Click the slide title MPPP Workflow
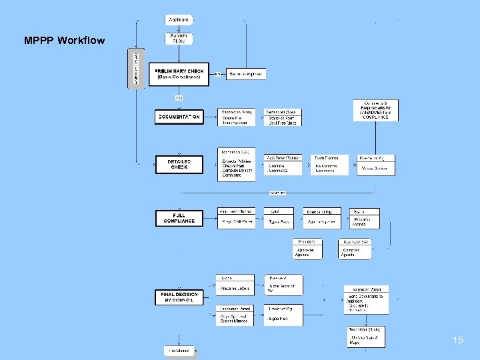pyautogui.click(x=64, y=41)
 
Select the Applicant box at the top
pyautogui.click(x=178, y=20)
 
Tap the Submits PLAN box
pyautogui.click(x=178, y=38)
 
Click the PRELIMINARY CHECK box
pyautogui.click(x=180, y=74)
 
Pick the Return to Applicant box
pyautogui.click(x=246, y=74)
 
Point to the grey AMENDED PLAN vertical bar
pyautogui.click(x=136, y=68)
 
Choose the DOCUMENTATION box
pyautogui.click(x=179, y=117)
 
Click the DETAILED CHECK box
pyautogui.click(x=179, y=164)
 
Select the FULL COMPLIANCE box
pyautogui.click(x=179, y=218)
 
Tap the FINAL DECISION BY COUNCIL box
pyautogui.click(x=179, y=297)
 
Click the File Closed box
pyautogui.click(x=178, y=350)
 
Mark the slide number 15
pyautogui.click(x=457, y=341)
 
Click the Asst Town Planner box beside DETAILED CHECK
pyautogui.click(x=283, y=165)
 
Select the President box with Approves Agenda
pyautogui.click(x=311, y=249)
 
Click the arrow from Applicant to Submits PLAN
pyautogui.click(x=178, y=28)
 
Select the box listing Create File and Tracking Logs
pyautogui.click(x=236, y=117)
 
